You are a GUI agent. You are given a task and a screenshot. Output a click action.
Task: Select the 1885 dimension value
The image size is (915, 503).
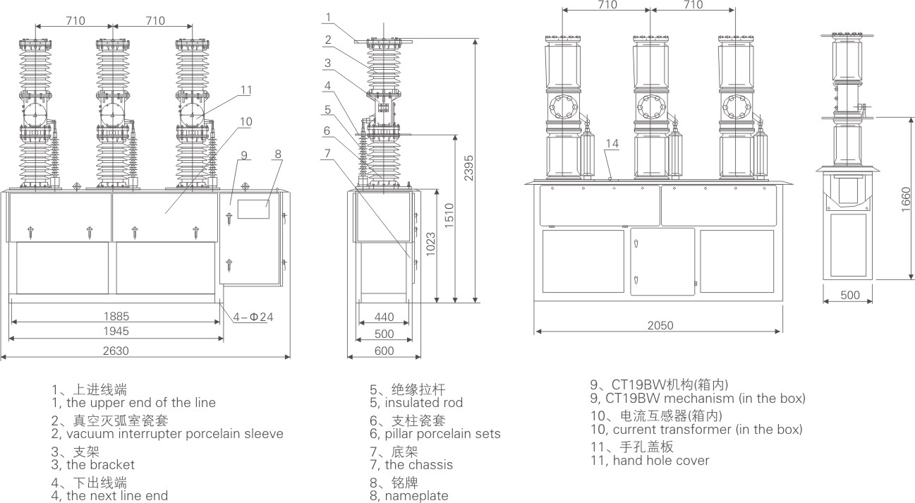116,315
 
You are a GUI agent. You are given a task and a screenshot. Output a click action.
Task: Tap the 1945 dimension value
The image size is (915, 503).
116,331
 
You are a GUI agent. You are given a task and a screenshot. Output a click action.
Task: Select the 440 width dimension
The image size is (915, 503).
384,318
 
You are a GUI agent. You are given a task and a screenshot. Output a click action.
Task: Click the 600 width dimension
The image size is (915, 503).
384,351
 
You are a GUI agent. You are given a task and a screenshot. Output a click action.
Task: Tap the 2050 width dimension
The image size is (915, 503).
660,325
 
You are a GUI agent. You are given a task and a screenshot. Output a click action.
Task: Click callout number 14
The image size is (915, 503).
612,143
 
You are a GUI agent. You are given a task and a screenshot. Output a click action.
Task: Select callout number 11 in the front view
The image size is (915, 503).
246,90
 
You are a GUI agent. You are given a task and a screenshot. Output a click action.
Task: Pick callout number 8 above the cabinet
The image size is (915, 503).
278,153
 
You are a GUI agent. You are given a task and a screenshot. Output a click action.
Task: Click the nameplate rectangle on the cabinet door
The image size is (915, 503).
253,208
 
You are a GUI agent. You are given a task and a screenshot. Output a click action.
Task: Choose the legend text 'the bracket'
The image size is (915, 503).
99,465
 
